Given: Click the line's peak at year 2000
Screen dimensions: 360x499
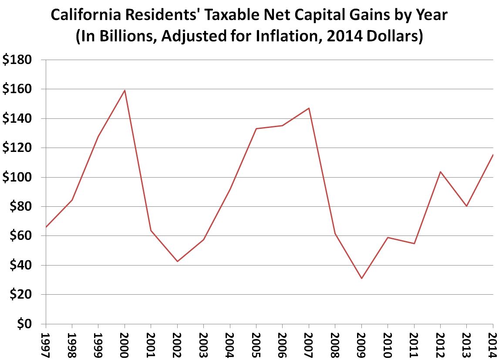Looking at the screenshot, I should click(x=125, y=91).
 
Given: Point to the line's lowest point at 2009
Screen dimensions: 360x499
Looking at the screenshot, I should click(x=361, y=278).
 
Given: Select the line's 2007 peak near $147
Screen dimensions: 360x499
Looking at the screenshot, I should click(x=309, y=108).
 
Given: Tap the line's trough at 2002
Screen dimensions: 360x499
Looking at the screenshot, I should click(x=177, y=261).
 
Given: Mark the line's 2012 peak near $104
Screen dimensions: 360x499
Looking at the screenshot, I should click(x=440, y=172).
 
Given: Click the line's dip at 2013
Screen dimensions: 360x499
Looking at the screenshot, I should click(x=466, y=206).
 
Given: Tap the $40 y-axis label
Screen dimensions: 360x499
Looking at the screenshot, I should click(x=20, y=266).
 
